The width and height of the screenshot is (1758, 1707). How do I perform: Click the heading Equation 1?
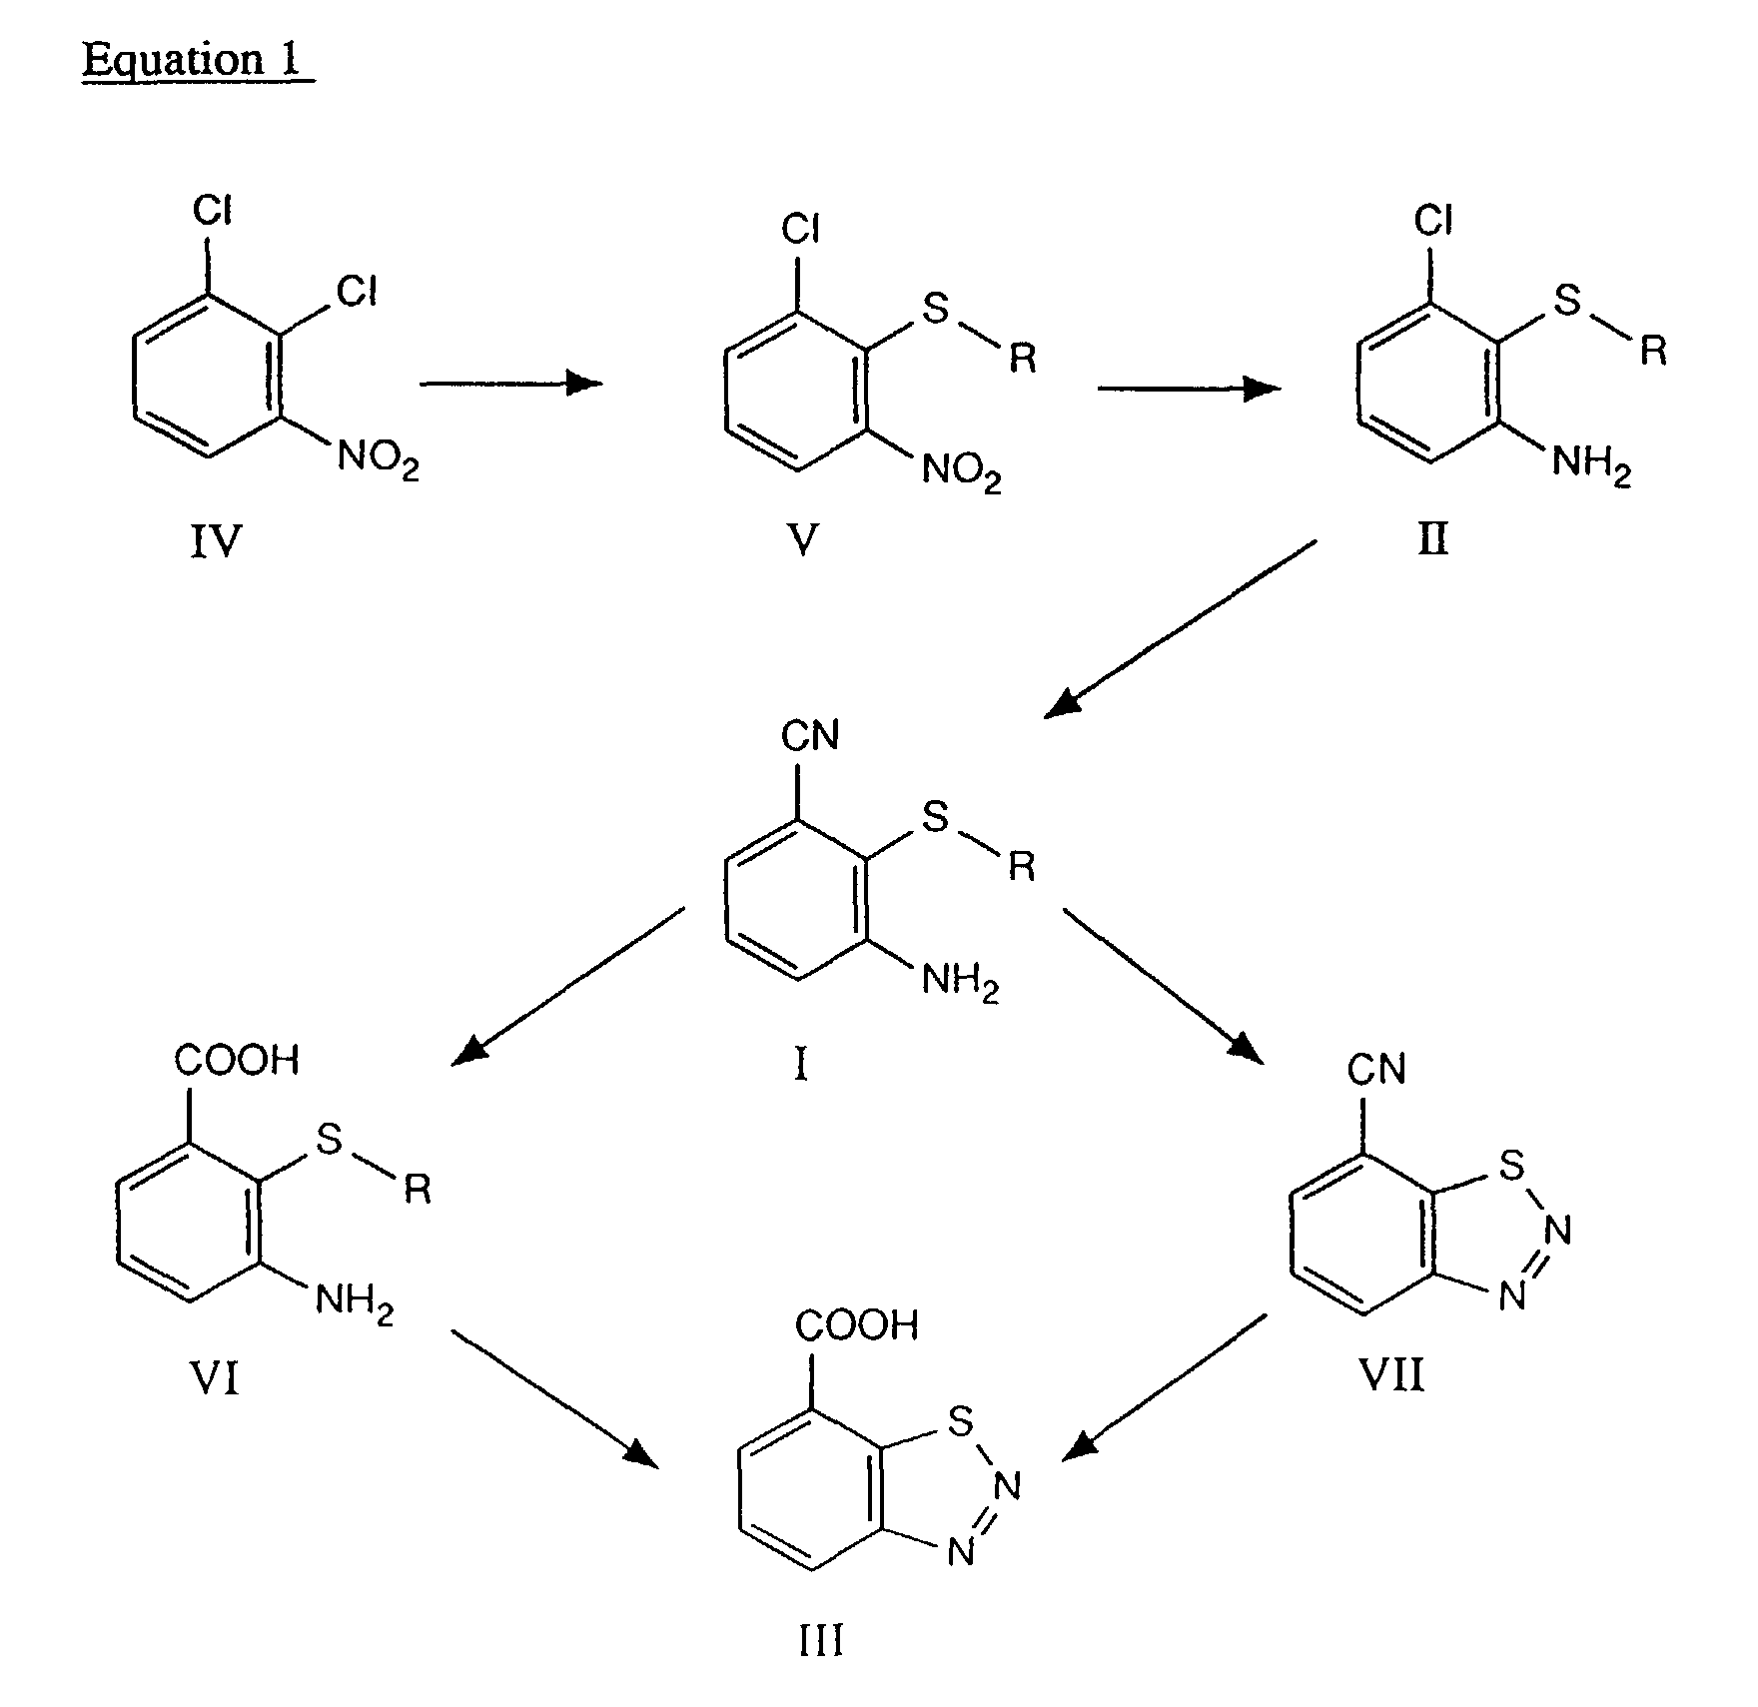197,60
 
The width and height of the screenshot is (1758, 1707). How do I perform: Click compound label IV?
216,542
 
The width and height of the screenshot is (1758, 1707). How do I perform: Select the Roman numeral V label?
802,540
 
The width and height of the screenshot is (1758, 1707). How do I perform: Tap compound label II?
1433,540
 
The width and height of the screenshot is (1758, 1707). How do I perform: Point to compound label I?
800,1067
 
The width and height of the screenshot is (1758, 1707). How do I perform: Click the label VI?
214,1379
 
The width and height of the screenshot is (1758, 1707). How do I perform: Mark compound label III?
821,1640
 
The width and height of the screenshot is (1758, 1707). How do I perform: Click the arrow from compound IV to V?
510,383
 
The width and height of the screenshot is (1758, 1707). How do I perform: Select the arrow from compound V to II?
1188,389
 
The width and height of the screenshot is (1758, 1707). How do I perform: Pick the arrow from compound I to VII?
1163,984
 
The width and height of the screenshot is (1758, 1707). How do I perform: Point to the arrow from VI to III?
555,1398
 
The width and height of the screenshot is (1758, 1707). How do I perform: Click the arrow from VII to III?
1165,1387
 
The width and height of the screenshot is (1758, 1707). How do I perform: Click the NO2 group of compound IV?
378,460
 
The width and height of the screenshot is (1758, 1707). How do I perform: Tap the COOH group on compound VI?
237,1060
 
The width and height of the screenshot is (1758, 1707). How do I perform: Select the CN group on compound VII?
1375,1070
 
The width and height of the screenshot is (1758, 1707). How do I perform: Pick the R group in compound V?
1022,358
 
